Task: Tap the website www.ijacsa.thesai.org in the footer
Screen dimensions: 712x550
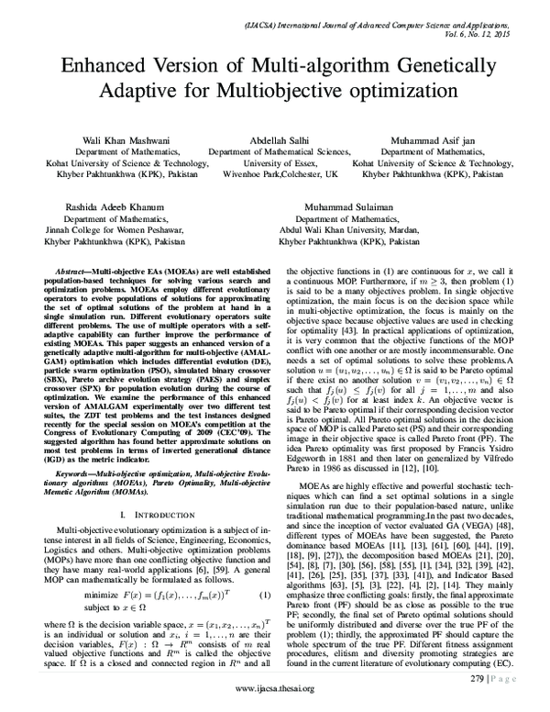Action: [275, 688]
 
